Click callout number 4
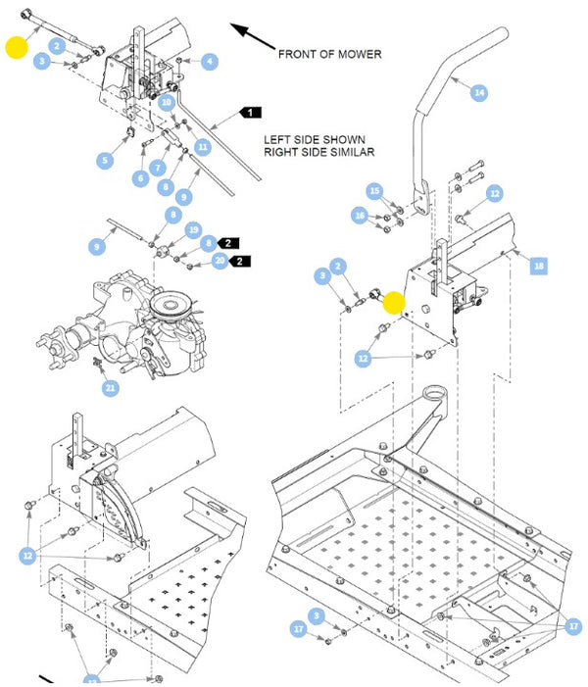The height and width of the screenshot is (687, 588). pyautogui.click(x=210, y=61)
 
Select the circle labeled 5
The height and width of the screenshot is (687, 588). pyautogui.click(x=105, y=160)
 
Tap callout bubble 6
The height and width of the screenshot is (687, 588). pyautogui.click(x=141, y=178)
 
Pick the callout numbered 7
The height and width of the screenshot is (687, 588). pyautogui.click(x=158, y=168)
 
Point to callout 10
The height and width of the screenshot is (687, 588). pyautogui.click(x=167, y=103)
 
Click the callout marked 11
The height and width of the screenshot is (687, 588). pyautogui.click(x=203, y=146)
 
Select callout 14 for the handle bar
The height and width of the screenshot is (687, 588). pyautogui.click(x=479, y=92)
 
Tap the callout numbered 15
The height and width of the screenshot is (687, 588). pyautogui.click(x=374, y=191)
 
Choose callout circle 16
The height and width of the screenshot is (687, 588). pyautogui.click(x=360, y=216)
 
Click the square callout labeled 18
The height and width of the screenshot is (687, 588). pyautogui.click(x=538, y=266)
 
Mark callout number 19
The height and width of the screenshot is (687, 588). pyautogui.click(x=193, y=230)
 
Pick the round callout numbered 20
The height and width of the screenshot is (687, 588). pyautogui.click(x=220, y=261)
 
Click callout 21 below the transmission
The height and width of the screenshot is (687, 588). pyautogui.click(x=110, y=388)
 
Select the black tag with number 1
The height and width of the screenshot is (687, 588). pyautogui.click(x=250, y=113)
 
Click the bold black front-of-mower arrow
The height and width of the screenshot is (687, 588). pyautogui.click(x=253, y=36)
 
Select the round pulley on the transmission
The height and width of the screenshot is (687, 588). pyautogui.click(x=167, y=305)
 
